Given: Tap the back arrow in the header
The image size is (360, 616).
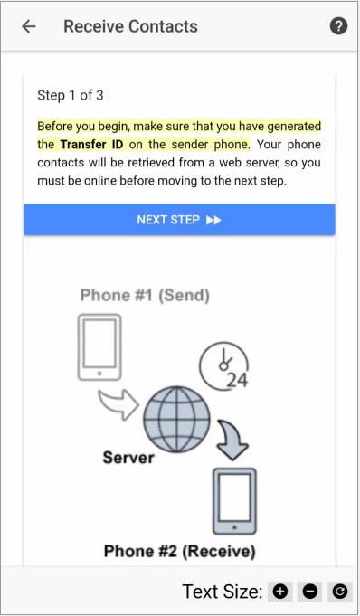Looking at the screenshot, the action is tap(29, 26).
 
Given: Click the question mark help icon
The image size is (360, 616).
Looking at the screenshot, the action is tap(338, 26).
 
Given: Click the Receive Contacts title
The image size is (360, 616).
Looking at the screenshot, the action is tap(130, 26).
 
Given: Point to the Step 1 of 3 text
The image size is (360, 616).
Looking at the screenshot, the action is tap(71, 95).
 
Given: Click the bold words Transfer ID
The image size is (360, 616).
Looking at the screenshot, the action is tap(91, 144).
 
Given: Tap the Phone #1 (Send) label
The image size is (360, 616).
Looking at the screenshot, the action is tap(145, 295).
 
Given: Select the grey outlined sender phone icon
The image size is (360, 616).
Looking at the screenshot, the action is tap(99, 347).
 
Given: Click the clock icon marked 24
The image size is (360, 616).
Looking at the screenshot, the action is tap(224, 365).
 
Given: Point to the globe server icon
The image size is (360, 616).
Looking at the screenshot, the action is tap(176, 419).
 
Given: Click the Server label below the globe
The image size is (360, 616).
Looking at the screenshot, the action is tap(128, 458).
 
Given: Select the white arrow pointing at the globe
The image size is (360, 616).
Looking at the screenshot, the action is tap(118, 404).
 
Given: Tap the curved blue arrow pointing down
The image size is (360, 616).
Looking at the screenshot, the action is tap(232, 439).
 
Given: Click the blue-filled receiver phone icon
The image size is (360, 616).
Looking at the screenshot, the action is tap(234, 501).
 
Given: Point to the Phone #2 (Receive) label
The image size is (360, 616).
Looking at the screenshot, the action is tap(180, 551).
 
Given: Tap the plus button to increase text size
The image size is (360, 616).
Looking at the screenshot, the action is tap(280, 592).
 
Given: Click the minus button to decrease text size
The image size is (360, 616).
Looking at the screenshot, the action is tap(309, 592).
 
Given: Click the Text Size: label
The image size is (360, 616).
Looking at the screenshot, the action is tap(222, 592).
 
